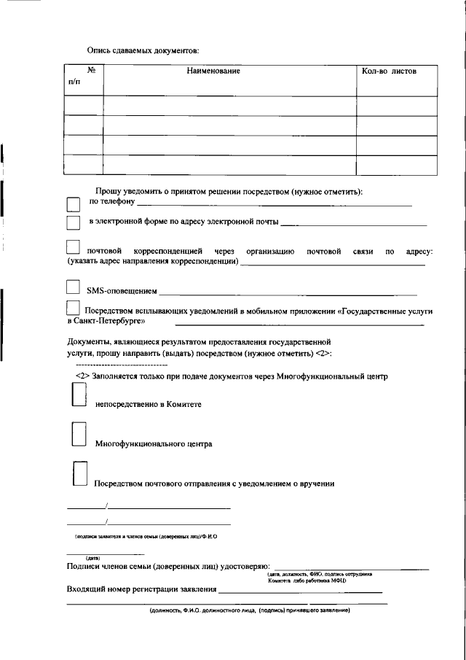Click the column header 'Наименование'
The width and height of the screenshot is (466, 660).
click(x=213, y=71)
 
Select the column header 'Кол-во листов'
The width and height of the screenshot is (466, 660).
click(x=389, y=71)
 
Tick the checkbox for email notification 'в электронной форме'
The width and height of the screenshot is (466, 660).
click(x=73, y=222)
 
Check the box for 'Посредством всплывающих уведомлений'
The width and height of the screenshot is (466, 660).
click(x=73, y=309)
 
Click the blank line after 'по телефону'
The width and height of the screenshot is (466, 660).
click(x=274, y=206)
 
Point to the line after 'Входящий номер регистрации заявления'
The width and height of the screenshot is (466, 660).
click(x=301, y=593)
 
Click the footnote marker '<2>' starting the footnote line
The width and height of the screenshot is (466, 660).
click(x=82, y=377)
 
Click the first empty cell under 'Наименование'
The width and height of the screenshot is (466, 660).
click(x=229, y=106)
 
